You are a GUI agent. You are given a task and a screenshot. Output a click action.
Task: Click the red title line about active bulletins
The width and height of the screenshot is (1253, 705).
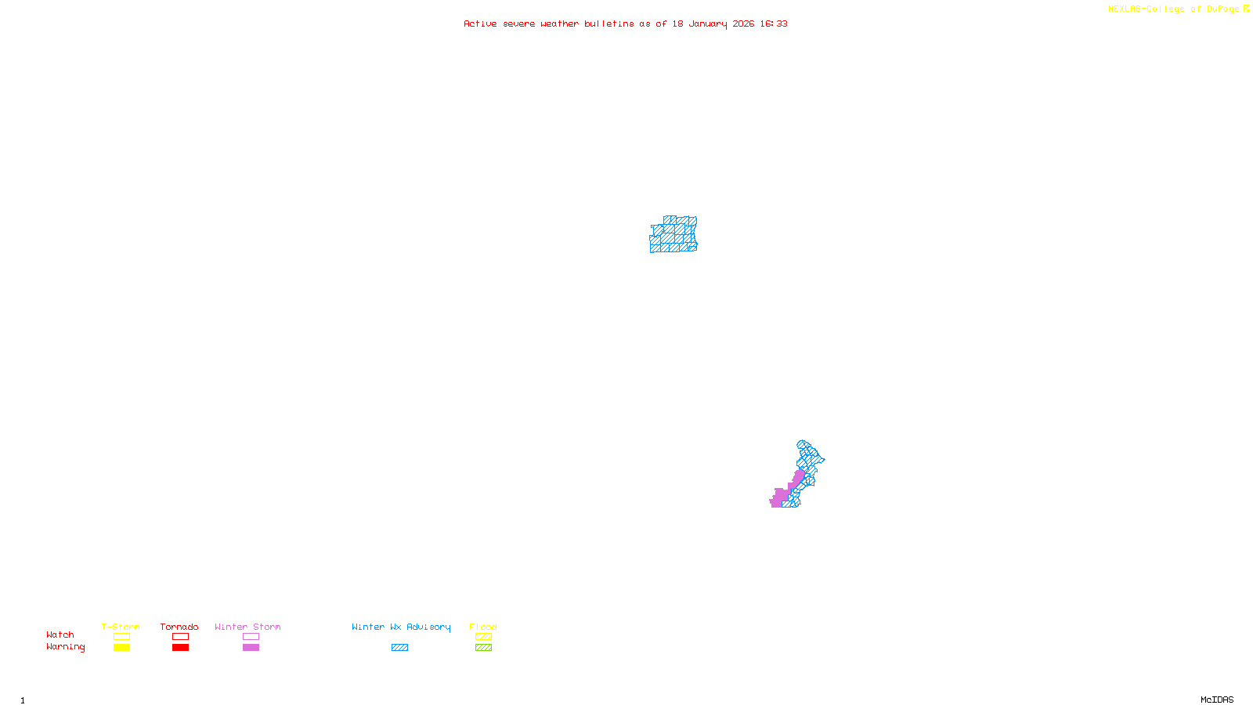625,23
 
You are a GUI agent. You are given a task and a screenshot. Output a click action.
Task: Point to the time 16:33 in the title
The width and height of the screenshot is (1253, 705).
774,23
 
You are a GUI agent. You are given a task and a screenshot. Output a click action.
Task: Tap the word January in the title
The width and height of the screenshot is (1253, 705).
707,23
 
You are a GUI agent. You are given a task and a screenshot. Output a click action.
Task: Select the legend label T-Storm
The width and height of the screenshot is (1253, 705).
121,627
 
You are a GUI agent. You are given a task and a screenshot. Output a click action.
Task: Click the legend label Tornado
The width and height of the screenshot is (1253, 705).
179,627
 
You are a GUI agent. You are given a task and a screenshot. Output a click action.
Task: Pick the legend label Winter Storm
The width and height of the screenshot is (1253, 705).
247,627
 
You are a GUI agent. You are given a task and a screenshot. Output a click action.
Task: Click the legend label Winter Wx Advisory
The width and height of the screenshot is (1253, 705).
401,627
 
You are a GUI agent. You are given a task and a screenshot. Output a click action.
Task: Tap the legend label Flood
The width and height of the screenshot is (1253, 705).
483,627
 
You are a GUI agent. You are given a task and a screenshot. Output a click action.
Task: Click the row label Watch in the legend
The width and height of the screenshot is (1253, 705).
60,634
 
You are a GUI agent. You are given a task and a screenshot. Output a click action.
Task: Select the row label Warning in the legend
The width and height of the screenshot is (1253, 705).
65,647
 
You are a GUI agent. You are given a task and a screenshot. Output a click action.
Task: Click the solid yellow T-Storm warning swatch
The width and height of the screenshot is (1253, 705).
121,648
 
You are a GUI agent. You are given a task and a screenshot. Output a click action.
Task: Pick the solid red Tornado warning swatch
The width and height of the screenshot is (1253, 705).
180,648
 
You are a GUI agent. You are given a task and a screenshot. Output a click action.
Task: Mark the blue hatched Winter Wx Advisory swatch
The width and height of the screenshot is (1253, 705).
399,648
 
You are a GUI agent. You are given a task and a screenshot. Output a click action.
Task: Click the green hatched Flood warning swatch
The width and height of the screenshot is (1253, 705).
483,648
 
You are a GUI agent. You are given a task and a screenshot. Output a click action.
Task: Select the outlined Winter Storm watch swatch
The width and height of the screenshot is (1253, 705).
251,637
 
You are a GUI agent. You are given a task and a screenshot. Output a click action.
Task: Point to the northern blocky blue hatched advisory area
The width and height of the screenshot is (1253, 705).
673,235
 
